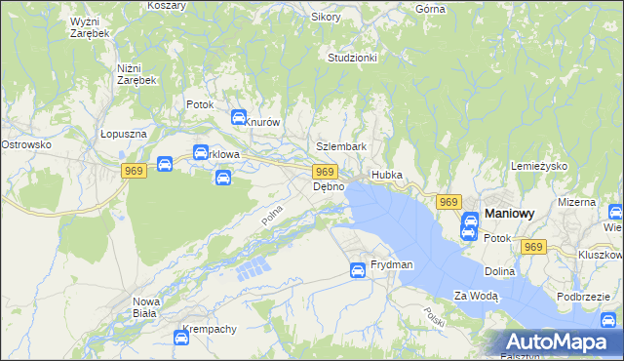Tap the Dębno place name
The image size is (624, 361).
pyautogui.click(x=329, y=186)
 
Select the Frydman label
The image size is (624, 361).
pyautogui.click(x=392, y=265)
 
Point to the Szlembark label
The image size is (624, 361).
pyautogui.click(x=340, y=146)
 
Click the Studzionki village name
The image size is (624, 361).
pyautogui.click(x=352, y=58)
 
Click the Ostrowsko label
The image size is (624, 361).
pyautogui.click(x=25, y=144)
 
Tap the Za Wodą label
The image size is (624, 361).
pyautogui.click(x=476, y=296)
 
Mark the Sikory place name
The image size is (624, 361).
pyautogui.click(x=326, y=17)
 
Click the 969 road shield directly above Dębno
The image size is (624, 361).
pyautogui.click(x=327, y=172)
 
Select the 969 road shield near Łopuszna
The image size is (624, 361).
pyautogui.click(x=135, y=171)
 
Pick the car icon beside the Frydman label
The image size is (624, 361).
pyautogui.click(x=358, y=270)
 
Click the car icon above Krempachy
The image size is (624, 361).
pyautogui.click(x=181, y=338)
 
